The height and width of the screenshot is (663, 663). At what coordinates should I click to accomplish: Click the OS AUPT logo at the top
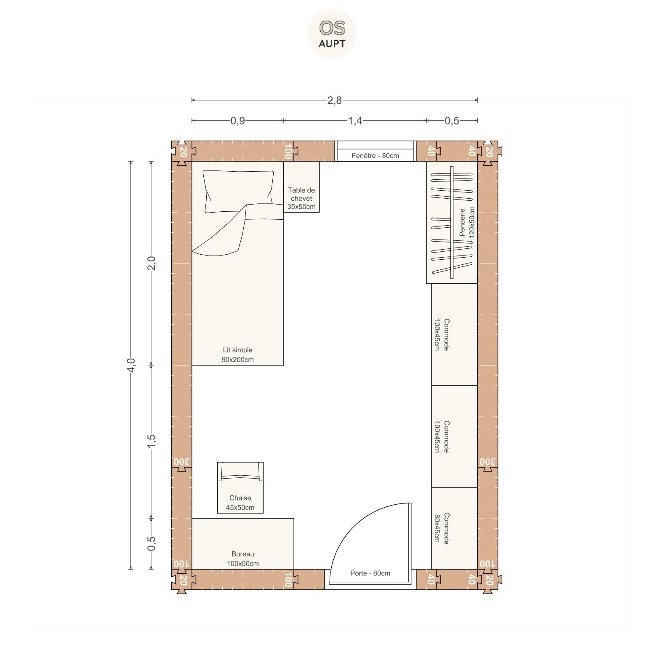(332, 34)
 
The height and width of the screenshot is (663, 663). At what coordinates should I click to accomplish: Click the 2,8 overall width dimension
(335, 100)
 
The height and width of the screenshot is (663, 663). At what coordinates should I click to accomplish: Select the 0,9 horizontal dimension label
(238, 121)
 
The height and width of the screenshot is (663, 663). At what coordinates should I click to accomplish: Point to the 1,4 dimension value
(355, 121)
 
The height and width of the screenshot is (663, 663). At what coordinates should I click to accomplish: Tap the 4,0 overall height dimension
(131, 365)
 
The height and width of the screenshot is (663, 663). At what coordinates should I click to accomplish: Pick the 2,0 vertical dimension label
(152, 263)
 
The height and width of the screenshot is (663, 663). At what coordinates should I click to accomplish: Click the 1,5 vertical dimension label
(152, 442)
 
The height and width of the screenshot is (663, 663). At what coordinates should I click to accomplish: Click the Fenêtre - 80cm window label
(375, 156)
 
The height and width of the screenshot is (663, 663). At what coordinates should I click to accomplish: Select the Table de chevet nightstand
(301, 187)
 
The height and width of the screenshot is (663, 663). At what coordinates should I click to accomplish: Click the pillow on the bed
(238, 191)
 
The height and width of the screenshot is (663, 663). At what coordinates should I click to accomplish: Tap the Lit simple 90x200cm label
(238, 354)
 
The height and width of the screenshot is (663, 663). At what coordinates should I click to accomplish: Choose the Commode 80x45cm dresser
(455, 528)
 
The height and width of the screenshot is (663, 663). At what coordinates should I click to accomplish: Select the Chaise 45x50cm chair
(240, 487)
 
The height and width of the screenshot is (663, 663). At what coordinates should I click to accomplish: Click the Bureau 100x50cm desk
(243, 543)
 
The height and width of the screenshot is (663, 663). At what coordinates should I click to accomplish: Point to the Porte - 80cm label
(370, 573)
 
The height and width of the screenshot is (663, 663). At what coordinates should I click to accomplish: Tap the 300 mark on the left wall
(181, 462)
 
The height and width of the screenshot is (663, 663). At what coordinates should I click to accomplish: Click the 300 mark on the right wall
(487, 462)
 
